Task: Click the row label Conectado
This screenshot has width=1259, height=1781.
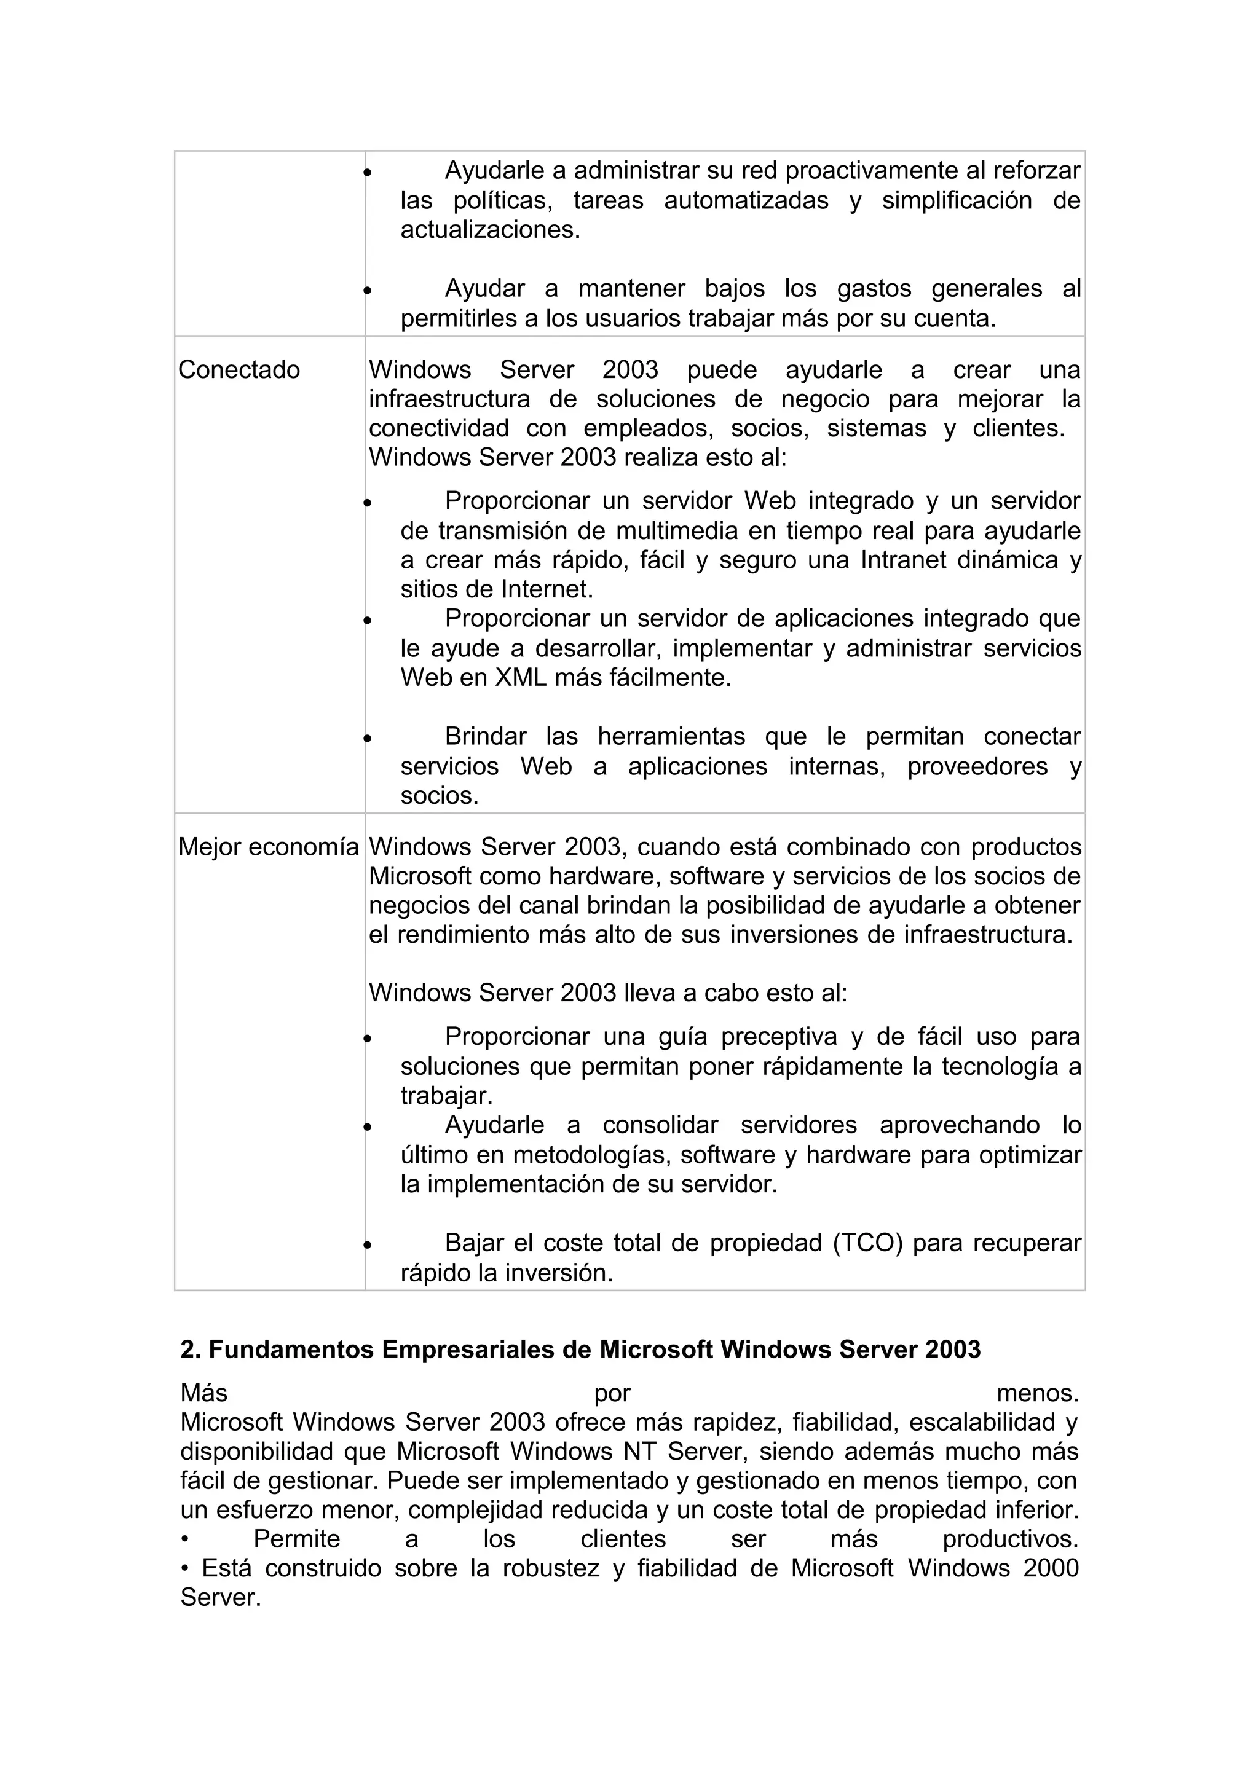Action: (x=239, y=370)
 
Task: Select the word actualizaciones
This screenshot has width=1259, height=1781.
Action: (x=489, y=230)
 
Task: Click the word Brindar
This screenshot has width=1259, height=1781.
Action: (x=486, y=736)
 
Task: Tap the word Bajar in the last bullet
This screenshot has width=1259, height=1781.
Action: (x=474, y=1243)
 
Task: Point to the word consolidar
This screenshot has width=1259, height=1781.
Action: (x=660, y=1125)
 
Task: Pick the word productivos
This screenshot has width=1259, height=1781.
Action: (x=1010, y=1539)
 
